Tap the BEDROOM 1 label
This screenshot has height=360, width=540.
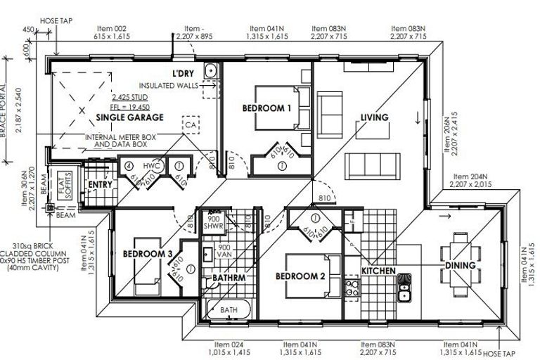(x=266, y=108)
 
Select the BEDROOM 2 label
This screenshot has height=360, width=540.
(x=300, y=276)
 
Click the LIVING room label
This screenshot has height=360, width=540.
(x=375, y=117)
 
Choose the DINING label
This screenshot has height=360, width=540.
(x=460, y=266)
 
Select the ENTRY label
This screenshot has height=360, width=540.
(x=101, y=185)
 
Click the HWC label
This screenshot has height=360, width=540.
(x=154, y=166)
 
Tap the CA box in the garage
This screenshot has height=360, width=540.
(x=190, y=124)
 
